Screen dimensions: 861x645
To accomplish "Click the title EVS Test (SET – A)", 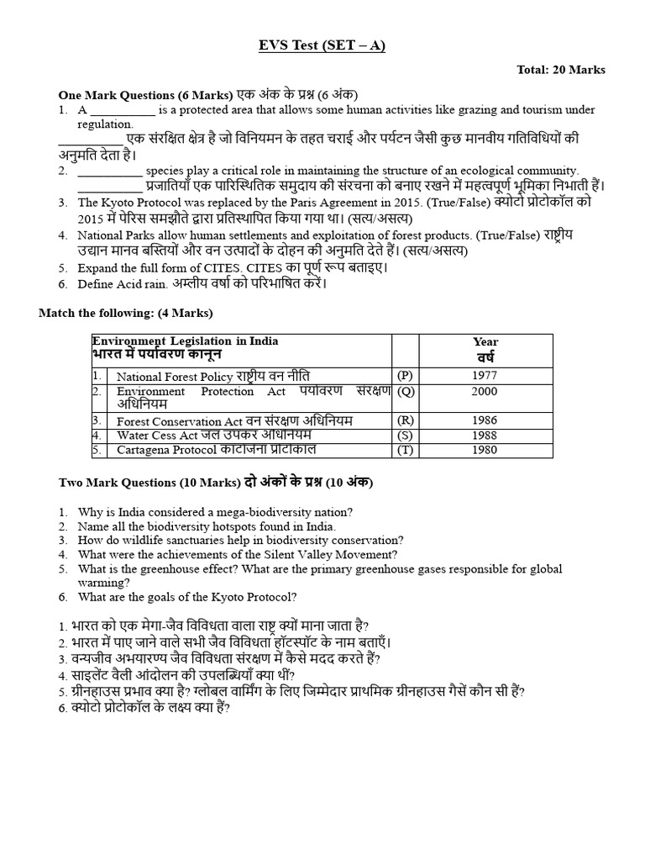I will coord(322,45).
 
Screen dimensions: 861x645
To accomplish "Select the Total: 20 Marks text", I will coord(561,70).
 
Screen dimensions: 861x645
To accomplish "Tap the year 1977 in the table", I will coord(485,376).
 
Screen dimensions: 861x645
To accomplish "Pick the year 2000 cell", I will coord(485,391).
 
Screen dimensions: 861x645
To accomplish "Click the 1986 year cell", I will coord(485,420).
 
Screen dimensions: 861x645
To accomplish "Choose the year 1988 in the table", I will coord(485,436).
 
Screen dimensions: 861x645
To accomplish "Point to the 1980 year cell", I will coord(485,450).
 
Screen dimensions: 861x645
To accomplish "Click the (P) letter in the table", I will coord(406,376).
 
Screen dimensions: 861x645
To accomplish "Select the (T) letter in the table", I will coord(406,450).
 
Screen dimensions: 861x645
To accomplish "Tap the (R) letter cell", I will coord(406,420).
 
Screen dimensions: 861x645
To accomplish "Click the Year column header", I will coord(485,342).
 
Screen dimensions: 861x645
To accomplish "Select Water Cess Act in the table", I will coord(157,436).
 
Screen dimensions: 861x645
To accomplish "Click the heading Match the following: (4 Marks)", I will coord(126,313).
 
